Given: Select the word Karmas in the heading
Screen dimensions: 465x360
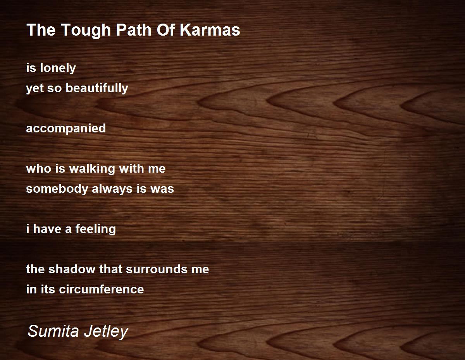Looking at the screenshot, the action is [210, 30].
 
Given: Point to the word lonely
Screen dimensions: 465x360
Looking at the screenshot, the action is [58, 69].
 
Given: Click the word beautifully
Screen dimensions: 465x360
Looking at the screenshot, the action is [97, 88].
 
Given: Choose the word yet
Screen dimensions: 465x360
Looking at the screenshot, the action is [34, 89].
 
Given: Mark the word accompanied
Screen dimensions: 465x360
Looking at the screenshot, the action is [66, 129].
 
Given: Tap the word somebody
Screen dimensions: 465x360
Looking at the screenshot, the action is [57, 189].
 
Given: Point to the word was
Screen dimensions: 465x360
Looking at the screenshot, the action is [162, 189].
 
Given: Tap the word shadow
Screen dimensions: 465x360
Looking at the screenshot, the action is [72, 269].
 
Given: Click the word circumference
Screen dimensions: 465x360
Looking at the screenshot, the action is [101, 289].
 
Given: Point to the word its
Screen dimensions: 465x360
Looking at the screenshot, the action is [47, 289].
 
